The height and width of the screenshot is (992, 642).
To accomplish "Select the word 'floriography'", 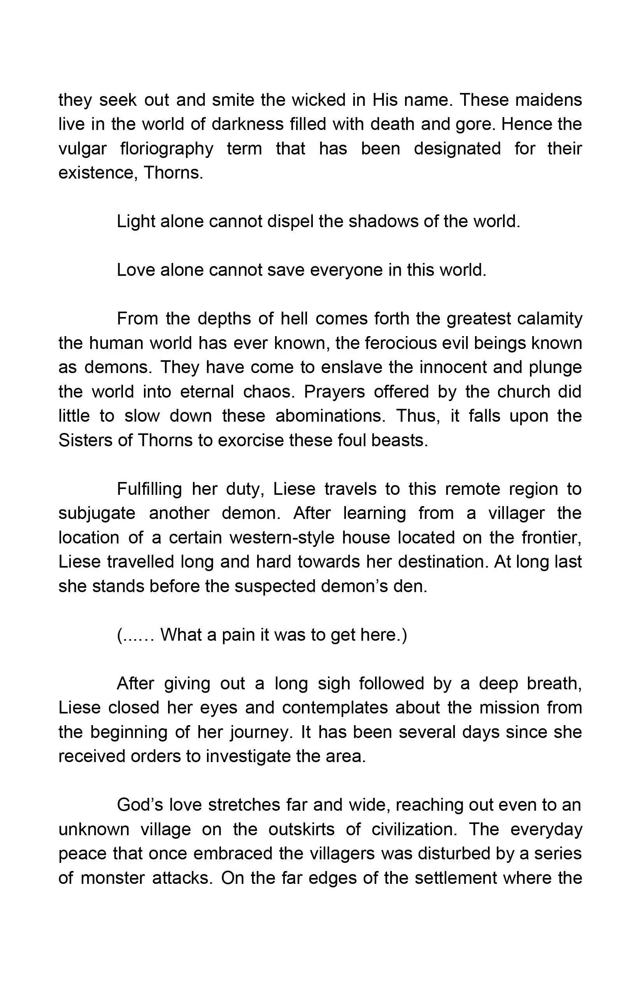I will tap(167, 149).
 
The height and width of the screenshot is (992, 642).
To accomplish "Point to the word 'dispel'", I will tap(290, 221).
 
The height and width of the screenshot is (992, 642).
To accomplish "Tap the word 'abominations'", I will tap(330, 416).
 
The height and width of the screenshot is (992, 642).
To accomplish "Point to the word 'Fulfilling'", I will tap(149, 489).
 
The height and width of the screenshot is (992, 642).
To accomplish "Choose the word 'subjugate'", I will tap(97, 513).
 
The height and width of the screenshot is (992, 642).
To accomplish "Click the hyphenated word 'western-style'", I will tap(282, 538).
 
